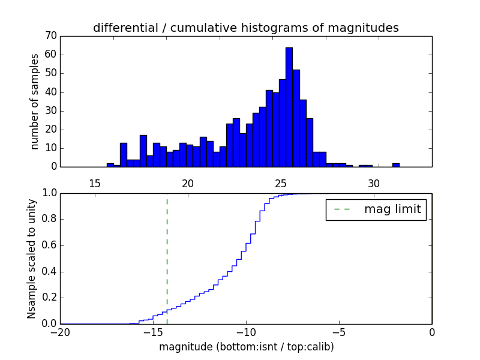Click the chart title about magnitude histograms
tap(245, 28)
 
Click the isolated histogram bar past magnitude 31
tap(395, 164)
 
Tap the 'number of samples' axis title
tap(35, 101)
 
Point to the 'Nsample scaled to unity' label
tap(31, 259)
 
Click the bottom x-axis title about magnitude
tap(246, 347)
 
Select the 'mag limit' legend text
tap(392, 209)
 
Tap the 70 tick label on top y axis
tap(50, 36)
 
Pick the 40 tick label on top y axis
tap(50, 92)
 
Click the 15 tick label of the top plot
tap(94, 183)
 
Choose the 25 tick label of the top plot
tap(281, 183)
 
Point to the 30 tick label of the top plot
tap(374, 183)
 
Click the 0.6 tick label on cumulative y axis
tap(49, 245)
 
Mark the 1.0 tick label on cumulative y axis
tap(49, 193)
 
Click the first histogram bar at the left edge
tap(110, 165)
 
